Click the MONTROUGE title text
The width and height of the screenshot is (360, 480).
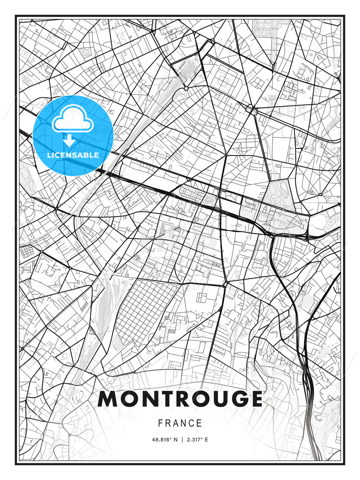pyautogui.click(x=180, y=399)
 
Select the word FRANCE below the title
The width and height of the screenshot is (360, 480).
pyautogui.click(x=180, y=423)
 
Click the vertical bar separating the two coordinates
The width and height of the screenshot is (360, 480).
pyautogui.click(x=182, y=440)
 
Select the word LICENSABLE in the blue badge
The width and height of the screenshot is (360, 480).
pyautogui.click(x=73, y=155)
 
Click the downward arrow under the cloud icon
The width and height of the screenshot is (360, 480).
pyautogui.click(x=69, y=141)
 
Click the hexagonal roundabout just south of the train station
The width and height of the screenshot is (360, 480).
pyautogui.click(x=186, y=88)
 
